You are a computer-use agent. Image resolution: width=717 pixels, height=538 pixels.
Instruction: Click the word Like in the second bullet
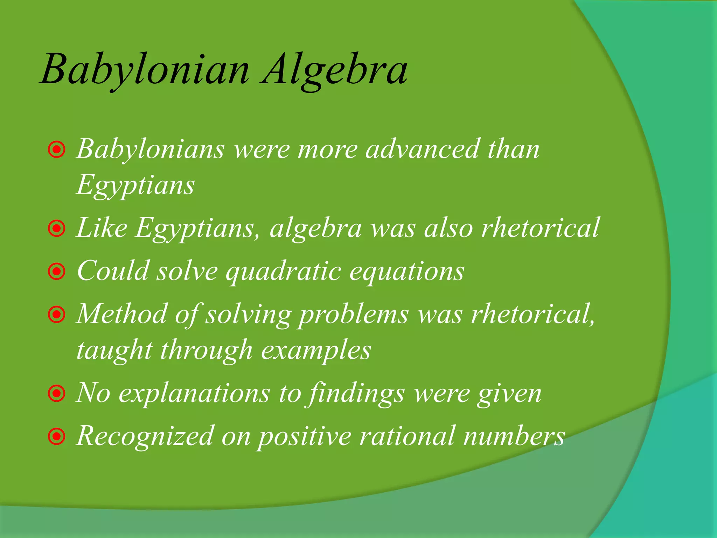tap(102, 228)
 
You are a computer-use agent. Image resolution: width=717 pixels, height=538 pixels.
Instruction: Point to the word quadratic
tap(284, 271)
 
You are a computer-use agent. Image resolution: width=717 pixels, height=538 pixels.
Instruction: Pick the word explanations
tap(194, 393)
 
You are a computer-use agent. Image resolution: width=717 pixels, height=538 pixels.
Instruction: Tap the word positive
tap(304, 436)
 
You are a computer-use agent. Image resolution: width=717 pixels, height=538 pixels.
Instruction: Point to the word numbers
tap(514, 436)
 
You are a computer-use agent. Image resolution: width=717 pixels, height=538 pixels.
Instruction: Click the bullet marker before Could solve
tap(57, 272)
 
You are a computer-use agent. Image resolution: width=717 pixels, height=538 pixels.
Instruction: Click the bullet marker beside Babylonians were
tap(57, 150)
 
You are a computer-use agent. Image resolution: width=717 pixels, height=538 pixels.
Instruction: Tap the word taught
tap(114, 350)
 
